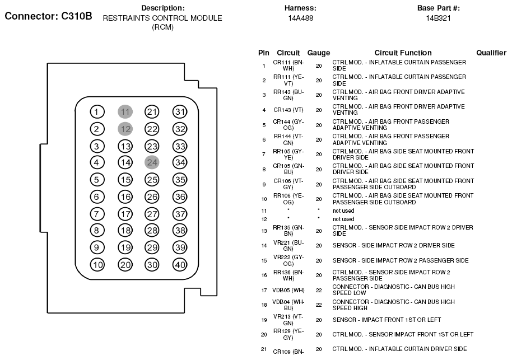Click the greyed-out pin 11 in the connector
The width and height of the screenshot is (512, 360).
(125, 112)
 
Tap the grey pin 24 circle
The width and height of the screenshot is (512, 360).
(152, 162)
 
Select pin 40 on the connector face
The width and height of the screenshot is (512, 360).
(179, 265)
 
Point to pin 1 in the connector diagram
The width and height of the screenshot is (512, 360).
(97, 112)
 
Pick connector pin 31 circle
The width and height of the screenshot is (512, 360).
(179, 112)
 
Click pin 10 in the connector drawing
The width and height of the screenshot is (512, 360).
(97, 265)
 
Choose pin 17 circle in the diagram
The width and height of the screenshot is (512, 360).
(125, 214)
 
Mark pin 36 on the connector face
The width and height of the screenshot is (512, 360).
(179, 197)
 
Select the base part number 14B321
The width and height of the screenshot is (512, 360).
(439, 18)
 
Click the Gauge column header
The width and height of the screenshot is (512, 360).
(319, 53)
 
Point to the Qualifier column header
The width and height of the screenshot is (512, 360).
(491, 53)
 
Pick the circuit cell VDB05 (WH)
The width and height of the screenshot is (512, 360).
(288, 290)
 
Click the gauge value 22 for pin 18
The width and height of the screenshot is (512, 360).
(319, 305)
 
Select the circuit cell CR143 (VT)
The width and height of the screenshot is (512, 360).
(288, 110)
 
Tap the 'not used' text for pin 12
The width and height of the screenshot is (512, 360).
(343, 219)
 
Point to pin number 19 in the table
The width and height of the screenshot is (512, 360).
(264, 320)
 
